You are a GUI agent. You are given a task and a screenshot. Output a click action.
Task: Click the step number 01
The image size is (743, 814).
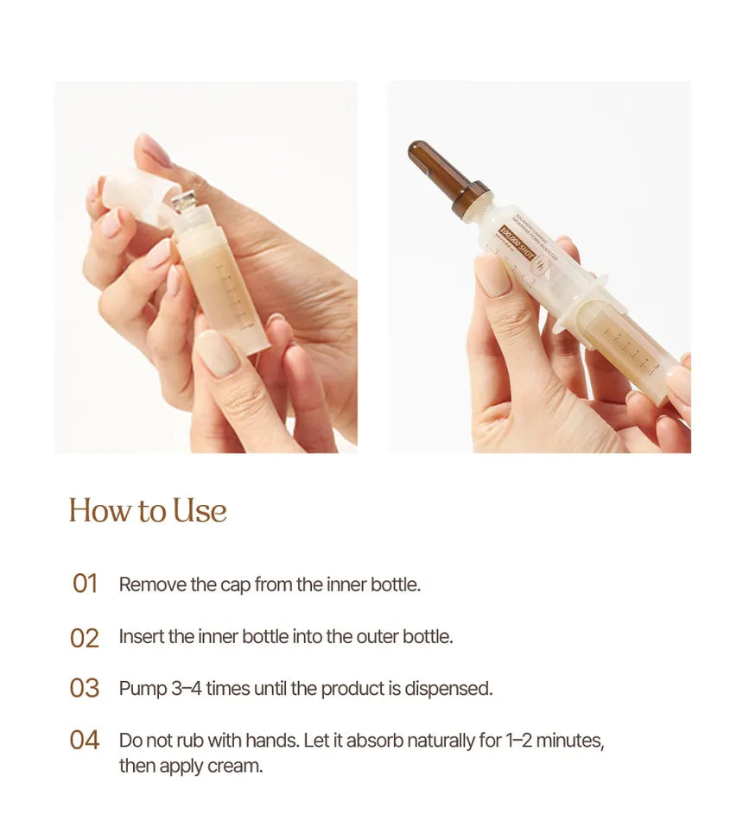(85, 584)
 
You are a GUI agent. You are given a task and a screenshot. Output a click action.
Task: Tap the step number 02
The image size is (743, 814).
(85, 638)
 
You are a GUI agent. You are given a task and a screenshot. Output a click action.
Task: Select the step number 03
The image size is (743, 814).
(85, 689)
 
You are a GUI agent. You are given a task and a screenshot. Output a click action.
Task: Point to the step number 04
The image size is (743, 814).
(85, 741)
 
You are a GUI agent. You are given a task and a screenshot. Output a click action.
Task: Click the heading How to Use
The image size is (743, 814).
(148, 510)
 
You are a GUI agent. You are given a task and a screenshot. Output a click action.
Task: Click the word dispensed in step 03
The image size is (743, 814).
(448, 689)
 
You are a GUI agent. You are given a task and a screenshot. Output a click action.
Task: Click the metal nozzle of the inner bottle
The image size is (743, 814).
(183, 204)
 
